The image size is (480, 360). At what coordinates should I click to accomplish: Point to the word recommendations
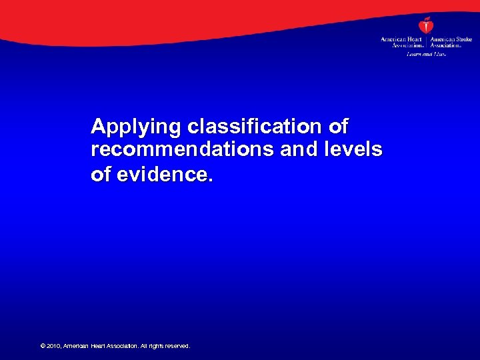[183, 150]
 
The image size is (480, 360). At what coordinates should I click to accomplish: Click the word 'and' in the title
[297, 150]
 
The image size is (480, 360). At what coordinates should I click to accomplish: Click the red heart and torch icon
[425, 25]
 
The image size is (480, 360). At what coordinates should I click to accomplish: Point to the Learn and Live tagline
[425, 53]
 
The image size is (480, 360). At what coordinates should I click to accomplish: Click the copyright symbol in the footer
[43, 346]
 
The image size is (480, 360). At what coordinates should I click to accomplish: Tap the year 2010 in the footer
[53, 346]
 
